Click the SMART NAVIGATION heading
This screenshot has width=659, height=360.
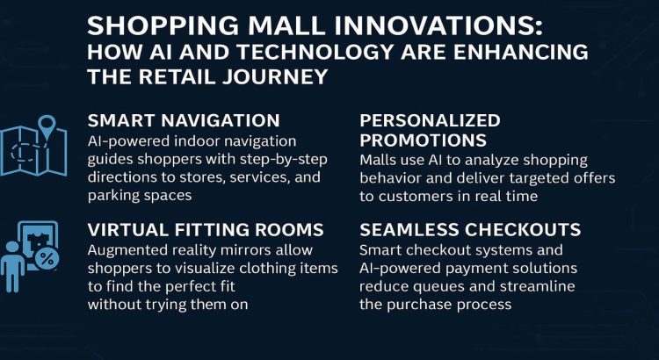click(184, 120)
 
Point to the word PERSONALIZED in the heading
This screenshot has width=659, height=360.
click(430, 120)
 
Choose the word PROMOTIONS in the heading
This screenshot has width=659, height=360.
click(424, 140)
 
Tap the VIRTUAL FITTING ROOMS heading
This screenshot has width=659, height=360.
click(206, 230)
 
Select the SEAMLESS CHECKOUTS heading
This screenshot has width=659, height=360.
click(470, 230)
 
